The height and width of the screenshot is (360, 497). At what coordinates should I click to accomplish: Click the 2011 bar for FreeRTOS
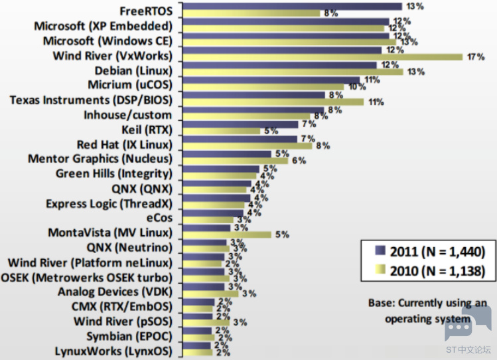[293, 6]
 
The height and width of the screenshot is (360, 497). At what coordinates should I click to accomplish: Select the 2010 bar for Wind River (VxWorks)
[323, 57]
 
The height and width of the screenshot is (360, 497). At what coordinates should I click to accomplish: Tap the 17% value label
[476, 56]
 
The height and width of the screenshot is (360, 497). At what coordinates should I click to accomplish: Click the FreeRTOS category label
[146, 11]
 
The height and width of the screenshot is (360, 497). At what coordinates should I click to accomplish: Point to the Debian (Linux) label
[133, 70]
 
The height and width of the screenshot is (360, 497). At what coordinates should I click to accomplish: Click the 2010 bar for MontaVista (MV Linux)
[227, 234]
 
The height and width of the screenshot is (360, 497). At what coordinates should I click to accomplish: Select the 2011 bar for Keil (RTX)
[241, 124]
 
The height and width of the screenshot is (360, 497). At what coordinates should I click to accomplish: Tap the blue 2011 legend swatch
[380, 250]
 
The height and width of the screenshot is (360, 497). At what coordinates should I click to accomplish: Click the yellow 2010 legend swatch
[380, 270]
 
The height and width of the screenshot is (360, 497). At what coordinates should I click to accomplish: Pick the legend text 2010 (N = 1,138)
[437, 271]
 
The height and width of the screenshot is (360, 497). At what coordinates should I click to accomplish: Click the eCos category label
[159, 218]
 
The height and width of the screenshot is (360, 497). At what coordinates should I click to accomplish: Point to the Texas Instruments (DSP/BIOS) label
[91, 100]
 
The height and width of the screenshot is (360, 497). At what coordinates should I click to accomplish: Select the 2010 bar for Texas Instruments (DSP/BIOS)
[273, 102]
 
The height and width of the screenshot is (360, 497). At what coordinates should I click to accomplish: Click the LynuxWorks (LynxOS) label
[113, 351]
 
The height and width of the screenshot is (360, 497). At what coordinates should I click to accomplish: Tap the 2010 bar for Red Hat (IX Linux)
[248, 146]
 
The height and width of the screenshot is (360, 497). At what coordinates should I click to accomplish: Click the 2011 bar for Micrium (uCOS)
[271, 80]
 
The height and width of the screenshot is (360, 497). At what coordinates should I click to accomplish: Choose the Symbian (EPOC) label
[129, 336]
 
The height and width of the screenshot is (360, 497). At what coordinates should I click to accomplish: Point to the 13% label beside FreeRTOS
[415, 6]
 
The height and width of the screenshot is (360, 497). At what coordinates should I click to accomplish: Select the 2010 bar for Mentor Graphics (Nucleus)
[236, 161]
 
